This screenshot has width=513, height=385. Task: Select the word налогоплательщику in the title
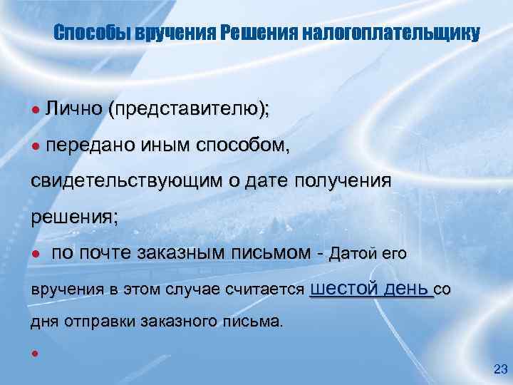tap(390, 34)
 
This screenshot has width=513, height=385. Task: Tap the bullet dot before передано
tap(34, 146)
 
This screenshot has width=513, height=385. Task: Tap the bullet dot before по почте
tap(34, 254)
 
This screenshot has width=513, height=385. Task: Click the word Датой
tap(354, 253)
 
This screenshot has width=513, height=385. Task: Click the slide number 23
tap(500, 369)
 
